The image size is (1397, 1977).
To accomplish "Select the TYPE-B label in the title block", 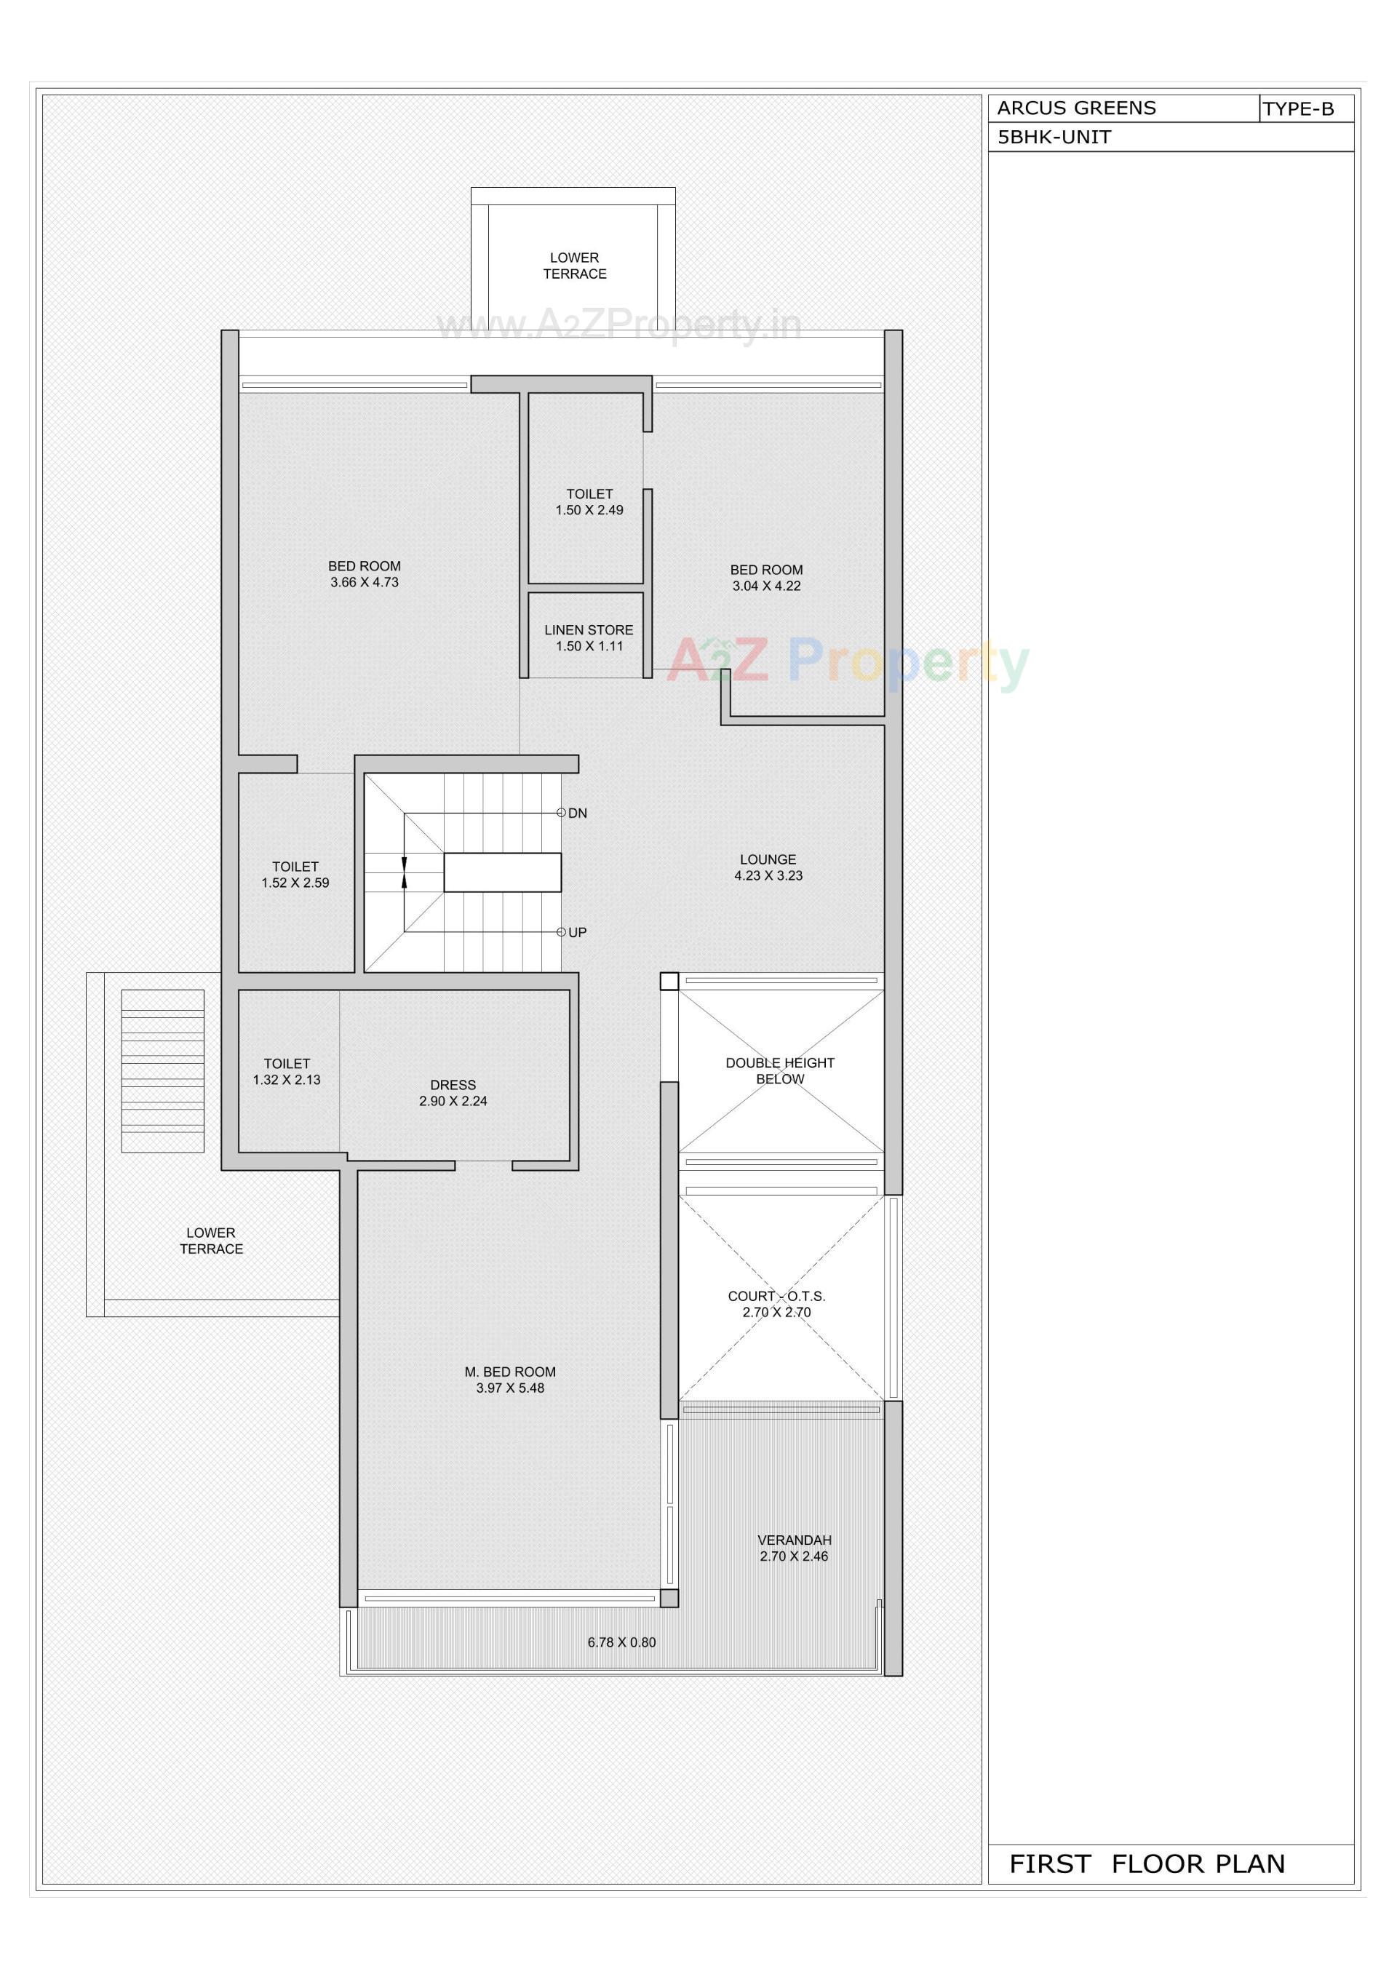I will pyautogui.click(x=1298, y=109).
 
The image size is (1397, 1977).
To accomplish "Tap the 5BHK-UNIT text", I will pyautogui.click(x=1054, y=137).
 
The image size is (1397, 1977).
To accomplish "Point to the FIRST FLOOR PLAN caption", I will pyautogui.click(x=1147, y=1863).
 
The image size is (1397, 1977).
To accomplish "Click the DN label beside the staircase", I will pyautogui.click(x=577, y=813).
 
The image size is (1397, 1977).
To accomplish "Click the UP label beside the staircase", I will pyautogui.click(x=577, y=933).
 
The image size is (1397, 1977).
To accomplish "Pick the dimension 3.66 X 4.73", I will pyautogui.click(x=365, y=582).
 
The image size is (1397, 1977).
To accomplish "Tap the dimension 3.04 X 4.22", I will pyautogui.click(x=767, y=586).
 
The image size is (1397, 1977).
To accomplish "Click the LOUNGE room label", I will pyautogui.click(x=768, y=859).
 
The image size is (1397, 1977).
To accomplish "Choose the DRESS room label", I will pyautogui.click(x=453, y=1085).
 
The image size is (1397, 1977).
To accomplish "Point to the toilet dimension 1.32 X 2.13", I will pyautogui.click(x=287, y=1080).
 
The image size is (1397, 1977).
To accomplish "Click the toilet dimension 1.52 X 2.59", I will pyautogui.click(x=295, y=883).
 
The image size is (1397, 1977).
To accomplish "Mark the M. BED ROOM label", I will pyautogui.click(x=510, y=1372).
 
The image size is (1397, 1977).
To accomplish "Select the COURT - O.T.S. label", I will pyautogui.click(x=776, y=1296).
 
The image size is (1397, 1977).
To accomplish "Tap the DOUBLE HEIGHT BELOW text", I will pyautogui.click(x=779, y=1070).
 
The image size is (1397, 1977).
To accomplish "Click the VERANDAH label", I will pyautogui.click(x=794, y=1540).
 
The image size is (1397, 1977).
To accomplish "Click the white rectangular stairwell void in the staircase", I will pyautogui.click(x=502, y=872).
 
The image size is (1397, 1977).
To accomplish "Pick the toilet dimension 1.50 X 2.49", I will pyautogui.click(x=589, y=511).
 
